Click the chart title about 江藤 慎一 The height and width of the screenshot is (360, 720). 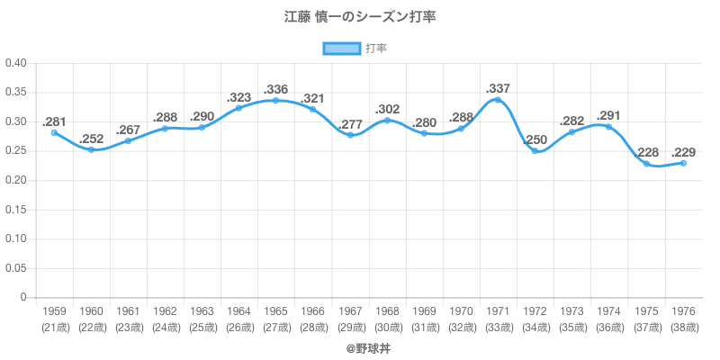tap(360, 17)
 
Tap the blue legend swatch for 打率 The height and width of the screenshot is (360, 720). tap(342, 49)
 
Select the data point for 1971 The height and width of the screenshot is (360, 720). tap(498, 99)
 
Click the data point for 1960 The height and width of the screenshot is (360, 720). tap(91, 149)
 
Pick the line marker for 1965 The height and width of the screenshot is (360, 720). tap(276, 100)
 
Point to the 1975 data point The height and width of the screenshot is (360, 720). tap(646, 164)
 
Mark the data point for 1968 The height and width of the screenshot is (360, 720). tap(387, 120)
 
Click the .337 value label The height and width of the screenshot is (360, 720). tap(498, 88)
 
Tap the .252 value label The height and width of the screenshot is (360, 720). tap(91, 139)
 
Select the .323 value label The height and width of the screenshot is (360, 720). tap(238, 96)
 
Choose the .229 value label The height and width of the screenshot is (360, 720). tap(683, 152)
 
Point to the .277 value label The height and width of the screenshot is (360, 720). tap(350, 123)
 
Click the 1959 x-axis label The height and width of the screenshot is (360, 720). tap(54, 312)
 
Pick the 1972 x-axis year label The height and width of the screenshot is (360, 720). tap(535, 312)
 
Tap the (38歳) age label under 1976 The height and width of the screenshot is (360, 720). tap(683, 327)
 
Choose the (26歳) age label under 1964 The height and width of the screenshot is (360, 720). tap(238, 327)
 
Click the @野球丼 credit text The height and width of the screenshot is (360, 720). tap(360, 346)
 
